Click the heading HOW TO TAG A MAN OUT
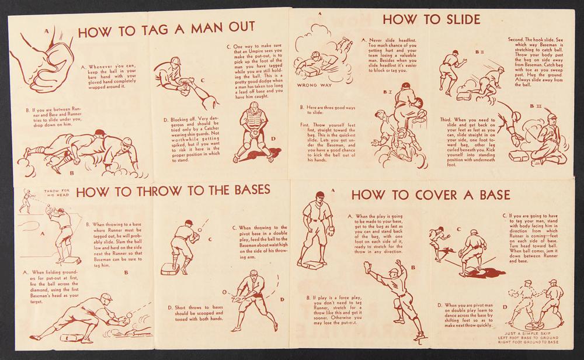(166, 29)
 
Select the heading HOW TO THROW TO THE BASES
(173, 191)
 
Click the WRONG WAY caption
(314, 85)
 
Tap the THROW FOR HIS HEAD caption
(57, 193)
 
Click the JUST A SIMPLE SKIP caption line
(529, 333)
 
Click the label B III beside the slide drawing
(536, 106)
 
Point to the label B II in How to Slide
(479, 53)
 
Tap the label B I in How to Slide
(387, 91)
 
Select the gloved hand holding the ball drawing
(41, 60)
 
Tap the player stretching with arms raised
(395, 298)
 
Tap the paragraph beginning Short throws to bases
(195, 313)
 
